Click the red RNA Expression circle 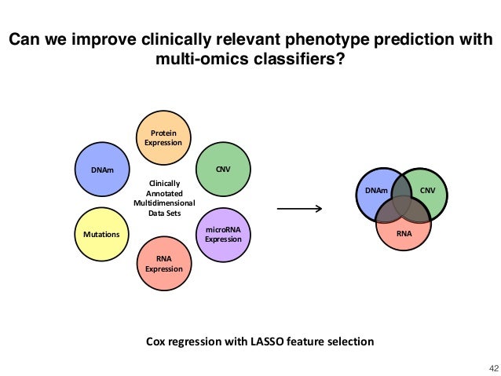(x=163, y=263)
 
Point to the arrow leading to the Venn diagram (x=300, y=209)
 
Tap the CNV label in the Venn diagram (x=428, y=191)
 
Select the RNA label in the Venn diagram (x=402, y=232)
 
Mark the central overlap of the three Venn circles (x=401, y=203)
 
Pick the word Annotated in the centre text (x=164, y=193)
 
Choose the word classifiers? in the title (x=301, y=60)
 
